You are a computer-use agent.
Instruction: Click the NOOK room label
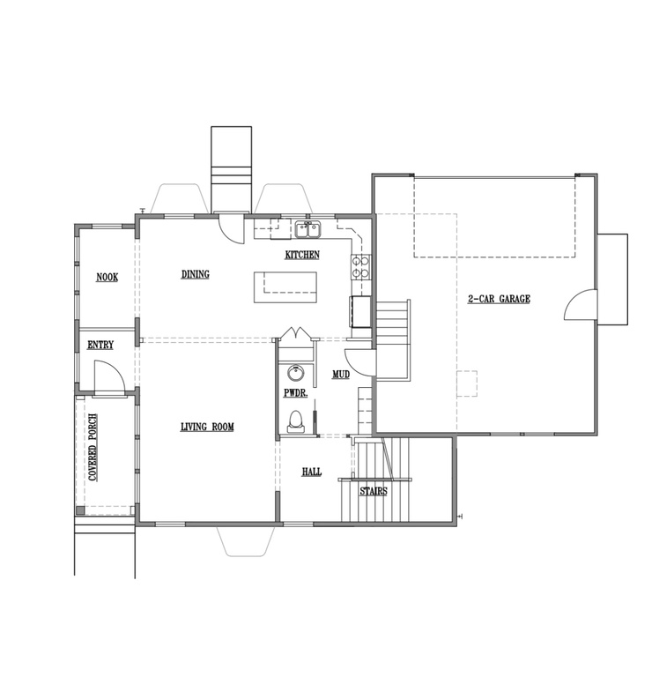click(x=107, y=277)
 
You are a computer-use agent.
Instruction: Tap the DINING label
click(x=195, y=274)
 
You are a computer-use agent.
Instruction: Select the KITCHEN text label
click(x=302, y=255)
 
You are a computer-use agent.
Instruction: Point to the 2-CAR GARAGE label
click(x=499, y=299)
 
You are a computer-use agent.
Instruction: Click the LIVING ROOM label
click(x=207, y=427)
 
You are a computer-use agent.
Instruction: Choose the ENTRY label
click(x=100, y=345)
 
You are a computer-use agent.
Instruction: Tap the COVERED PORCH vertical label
click(x=93, y=448)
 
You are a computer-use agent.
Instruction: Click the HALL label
click(x=311, y=472)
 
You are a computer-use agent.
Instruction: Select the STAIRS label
click(x=374, y=491)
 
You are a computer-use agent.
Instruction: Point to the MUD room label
click(x=340, y=375)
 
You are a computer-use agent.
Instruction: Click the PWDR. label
click(x=295, y=393)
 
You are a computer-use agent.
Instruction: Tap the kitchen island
click(x=285, y=287)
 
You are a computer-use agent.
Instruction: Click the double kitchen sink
click(x=308, y=230)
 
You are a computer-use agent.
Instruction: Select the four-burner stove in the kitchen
click(x=360, y=268)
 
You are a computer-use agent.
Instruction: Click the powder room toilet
click(x=295, y=421)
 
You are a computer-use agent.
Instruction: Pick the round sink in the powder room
click(x=295, y=374)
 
